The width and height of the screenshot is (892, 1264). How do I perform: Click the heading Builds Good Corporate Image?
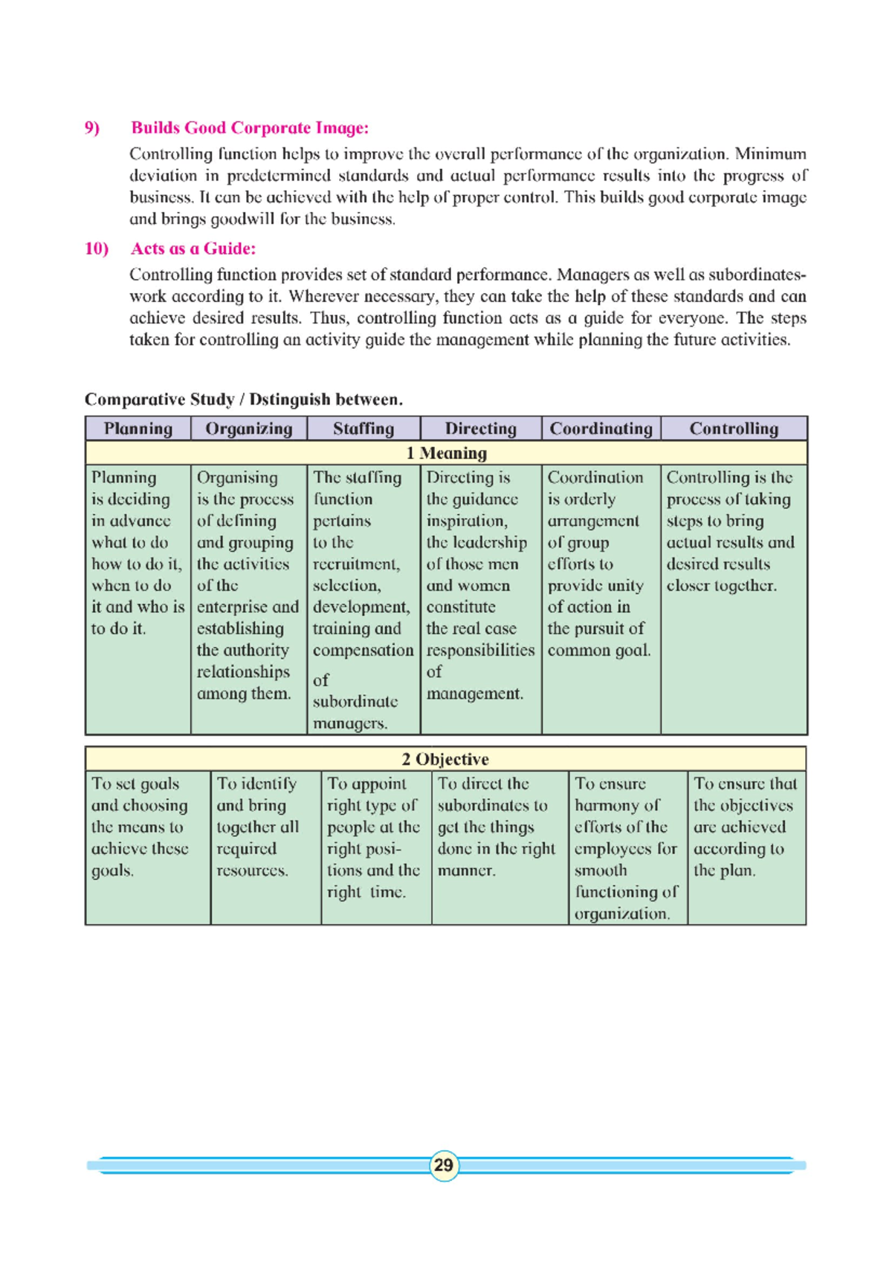pos(250,128)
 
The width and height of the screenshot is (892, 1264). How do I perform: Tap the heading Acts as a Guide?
pos(193,248)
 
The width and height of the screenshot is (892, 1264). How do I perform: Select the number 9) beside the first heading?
pos(92,128)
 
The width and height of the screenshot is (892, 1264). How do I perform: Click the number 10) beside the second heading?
pos(97,248)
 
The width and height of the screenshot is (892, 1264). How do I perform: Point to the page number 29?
pos(444,1165)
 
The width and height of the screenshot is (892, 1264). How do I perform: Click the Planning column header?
pos(138,429)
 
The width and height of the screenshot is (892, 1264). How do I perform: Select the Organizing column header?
pos(249,429)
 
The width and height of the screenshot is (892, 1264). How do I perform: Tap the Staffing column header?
pos(363,429)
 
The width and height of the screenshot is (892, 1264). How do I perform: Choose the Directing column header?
pos(481,429)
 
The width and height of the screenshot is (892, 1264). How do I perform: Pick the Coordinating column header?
pos(601,429)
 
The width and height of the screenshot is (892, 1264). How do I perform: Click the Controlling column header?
pos(734,429)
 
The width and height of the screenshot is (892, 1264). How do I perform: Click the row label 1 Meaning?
pos(446,453)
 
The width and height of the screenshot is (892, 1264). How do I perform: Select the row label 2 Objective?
pos(445,760)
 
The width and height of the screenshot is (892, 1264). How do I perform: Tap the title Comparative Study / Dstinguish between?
pos(244,400)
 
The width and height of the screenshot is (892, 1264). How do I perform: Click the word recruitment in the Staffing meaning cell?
pos(355,565)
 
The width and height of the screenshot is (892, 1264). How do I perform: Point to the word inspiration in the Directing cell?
pos(466,522)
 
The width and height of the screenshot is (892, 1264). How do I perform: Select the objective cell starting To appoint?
pos(373,837)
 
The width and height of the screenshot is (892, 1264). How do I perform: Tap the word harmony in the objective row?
pos(616,806)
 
